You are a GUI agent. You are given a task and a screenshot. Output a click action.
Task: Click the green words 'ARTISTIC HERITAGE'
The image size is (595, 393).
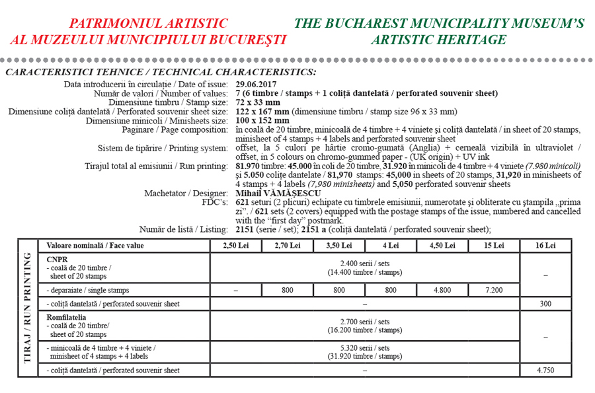tap(439, 40)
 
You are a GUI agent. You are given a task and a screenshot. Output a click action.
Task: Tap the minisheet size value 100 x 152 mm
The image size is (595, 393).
tap(262, 121)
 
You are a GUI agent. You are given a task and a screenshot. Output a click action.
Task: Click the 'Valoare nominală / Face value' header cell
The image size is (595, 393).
tap(95, 246)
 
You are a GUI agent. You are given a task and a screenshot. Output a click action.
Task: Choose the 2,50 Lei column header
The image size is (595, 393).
tap(235, 246)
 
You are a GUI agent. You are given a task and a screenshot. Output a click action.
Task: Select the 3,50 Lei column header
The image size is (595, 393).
tap(338, 246)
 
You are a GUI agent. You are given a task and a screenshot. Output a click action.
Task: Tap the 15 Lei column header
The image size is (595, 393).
tap(493, 246)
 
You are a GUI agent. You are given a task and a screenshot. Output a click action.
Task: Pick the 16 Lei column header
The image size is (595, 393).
tap(546, 246)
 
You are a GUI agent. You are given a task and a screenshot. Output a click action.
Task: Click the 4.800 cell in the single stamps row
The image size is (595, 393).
tap(442, 290)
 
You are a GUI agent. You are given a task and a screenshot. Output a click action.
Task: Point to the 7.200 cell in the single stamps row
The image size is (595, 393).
tap(493, 290)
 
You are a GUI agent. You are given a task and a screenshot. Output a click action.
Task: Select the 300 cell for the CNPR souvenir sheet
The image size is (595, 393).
tap(546, 304)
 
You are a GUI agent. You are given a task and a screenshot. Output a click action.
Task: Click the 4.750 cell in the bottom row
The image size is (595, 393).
tap(546, 371)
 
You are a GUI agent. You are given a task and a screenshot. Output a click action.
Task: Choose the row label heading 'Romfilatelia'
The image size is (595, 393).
tap(65, 318)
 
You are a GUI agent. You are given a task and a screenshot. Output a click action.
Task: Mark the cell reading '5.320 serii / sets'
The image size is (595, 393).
tap(364, 348)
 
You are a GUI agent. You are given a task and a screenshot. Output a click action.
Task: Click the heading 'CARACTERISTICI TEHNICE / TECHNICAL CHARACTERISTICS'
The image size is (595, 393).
tap(161, 71)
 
